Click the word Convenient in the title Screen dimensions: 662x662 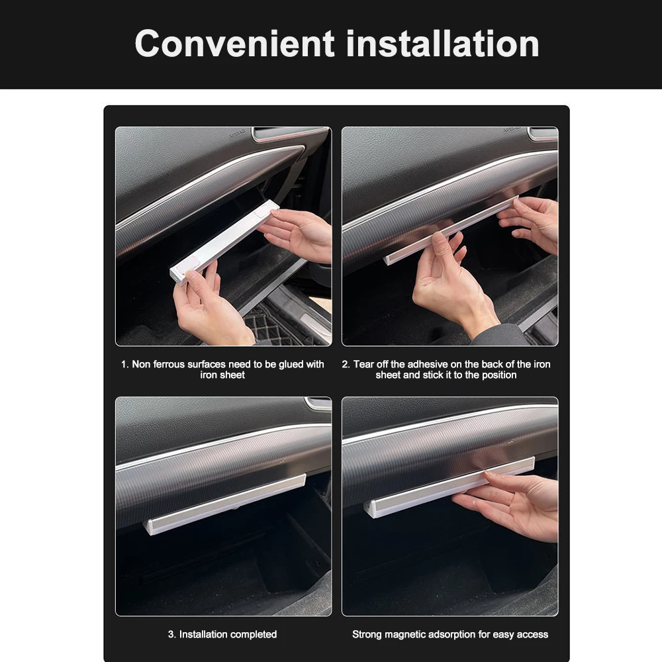tap(235, 44)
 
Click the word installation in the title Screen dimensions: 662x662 tap(442, 44)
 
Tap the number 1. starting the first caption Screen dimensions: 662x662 tap(124, 364)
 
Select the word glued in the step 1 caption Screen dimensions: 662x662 tap(278, 364)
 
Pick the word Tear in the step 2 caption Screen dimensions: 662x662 tap(363, 364)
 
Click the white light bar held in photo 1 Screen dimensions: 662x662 tap(224, 242)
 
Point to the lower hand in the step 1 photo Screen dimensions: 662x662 tap(210, 306)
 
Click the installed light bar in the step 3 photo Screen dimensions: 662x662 tap(225, 504)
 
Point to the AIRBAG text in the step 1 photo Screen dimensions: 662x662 tap(236, 134)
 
